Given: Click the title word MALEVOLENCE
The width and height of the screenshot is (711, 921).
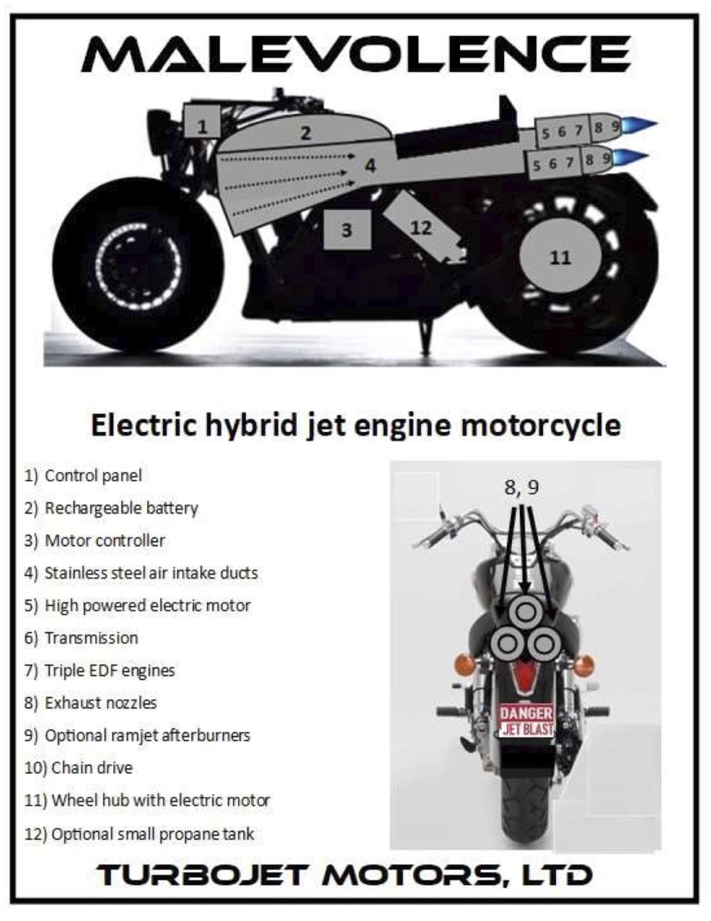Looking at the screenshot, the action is coord(356,53).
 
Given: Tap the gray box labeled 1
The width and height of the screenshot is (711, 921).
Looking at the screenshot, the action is coord(203,122).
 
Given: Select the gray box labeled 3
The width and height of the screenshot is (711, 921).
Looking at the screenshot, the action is coord(347,229).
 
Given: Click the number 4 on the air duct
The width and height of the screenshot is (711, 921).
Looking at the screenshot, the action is coord(370,165).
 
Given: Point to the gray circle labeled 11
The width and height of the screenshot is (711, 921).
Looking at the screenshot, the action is coord(560,257).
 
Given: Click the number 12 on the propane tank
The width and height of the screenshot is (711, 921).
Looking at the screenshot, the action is coord(421,228).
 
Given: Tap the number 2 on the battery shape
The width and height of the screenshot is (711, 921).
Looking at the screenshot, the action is coord(306,133).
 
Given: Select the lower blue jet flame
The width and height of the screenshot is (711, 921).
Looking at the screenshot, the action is coord(631,158).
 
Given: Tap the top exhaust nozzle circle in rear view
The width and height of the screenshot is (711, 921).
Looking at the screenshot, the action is coord(525,611).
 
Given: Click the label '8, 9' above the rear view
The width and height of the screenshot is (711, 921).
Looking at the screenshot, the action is coord(521,488).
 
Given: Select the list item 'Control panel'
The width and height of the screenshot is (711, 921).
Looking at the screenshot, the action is coord(83,475).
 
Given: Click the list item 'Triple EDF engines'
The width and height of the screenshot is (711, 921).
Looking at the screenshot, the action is coord(100,670).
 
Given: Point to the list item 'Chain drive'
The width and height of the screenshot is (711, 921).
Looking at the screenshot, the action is coord(78,767).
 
